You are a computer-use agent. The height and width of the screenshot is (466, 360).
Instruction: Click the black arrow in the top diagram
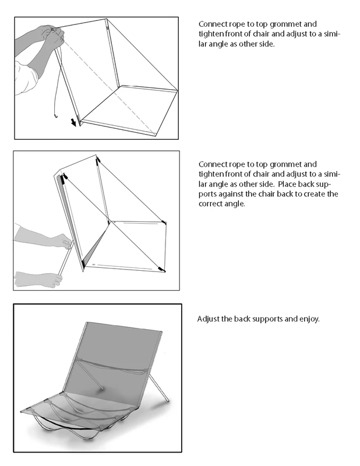coord(73,122)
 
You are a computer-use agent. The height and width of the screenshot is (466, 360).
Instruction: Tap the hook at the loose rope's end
coord(55,115)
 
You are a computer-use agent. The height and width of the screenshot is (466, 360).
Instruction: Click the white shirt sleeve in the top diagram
coord(26,78)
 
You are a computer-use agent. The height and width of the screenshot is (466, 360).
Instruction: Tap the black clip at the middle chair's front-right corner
coord(162,269)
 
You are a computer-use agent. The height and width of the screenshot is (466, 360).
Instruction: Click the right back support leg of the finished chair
coord(159,388)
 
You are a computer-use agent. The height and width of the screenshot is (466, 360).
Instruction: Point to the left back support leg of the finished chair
coord(91,375)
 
